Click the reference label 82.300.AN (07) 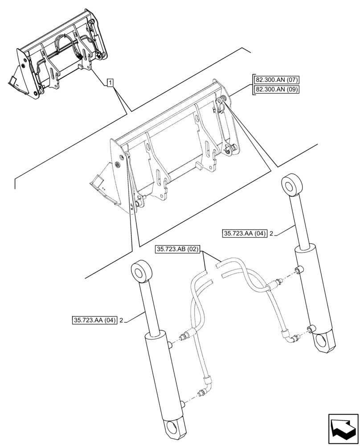coord(276,80)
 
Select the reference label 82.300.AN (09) coord(276,90)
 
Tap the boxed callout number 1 coord(110,83)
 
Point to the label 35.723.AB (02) coord(178,249)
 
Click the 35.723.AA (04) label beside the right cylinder coord(244,233)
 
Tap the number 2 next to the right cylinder coord(271,233)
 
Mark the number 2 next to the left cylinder coord(121,320)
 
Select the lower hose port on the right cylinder coord(308,330)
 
